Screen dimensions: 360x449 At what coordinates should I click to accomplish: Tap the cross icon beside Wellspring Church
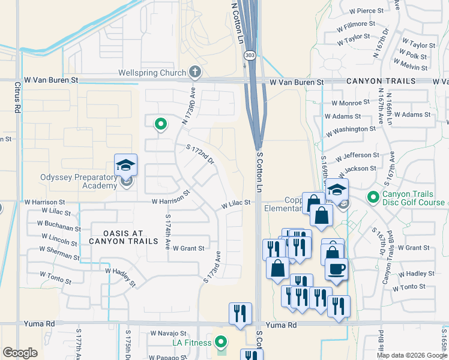pyautogui.click(x=194, y=73)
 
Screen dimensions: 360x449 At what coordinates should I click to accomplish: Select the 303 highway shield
pyautogui.click(x=248, y=55)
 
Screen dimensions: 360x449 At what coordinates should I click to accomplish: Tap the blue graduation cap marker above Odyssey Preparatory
pyautogui.click(x=126, y=165)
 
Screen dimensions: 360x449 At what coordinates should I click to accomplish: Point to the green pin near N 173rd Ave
pyautogui.click(x=160, y=124)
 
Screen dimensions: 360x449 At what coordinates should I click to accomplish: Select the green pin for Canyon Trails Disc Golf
pyautogui.click(x=373, y=196)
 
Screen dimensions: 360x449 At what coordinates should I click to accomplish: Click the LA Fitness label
pyautogui.click(x=192, y=343)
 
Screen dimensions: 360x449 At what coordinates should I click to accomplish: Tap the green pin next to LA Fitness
pyautogui.click(x=221, y=343)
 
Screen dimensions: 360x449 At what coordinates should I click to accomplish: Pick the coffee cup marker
pyautogui.click(x=336, y=268)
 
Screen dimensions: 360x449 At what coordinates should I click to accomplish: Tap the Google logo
pyautogui.click(x=20, y=353)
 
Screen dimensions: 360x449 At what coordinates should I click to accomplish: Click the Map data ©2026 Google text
pyautogui.click(x=411, y=355)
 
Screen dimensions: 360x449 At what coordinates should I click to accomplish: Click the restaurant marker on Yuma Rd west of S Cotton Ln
pyautogui.click(x=240, y=313)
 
